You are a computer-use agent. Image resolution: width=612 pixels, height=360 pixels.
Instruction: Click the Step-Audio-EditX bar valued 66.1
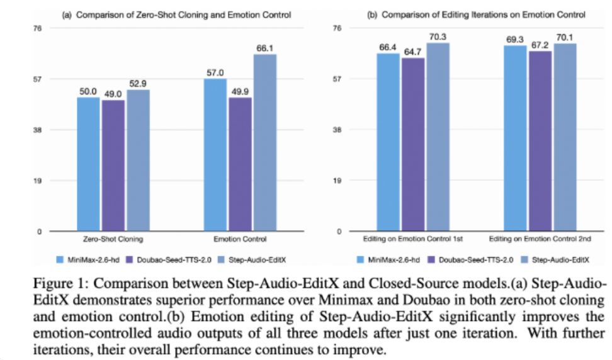[x=265, y=143]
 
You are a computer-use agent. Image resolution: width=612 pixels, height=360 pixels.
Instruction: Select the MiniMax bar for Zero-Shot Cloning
[x=88, y=164]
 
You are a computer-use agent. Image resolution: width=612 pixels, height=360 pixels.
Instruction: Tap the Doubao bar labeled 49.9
[x=241, y=164]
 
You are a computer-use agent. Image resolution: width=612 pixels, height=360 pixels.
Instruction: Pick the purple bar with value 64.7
[x=414, y=145]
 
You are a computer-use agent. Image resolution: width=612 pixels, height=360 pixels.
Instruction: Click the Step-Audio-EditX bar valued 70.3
[x=438, y=137]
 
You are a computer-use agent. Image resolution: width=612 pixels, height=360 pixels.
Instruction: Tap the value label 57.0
[x=216, y=72]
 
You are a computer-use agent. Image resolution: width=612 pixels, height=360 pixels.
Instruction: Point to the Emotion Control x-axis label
[x=240, y=239]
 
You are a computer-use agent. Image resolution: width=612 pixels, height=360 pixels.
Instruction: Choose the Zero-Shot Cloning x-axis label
[x=113, y=239]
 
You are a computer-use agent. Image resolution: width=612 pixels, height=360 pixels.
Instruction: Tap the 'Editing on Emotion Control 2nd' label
[x=540, y=239]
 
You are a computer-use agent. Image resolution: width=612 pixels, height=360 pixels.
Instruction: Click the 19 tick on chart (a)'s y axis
[x=38, y=181]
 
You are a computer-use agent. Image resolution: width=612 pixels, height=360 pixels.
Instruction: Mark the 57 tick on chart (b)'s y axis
[x=337, y=79]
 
